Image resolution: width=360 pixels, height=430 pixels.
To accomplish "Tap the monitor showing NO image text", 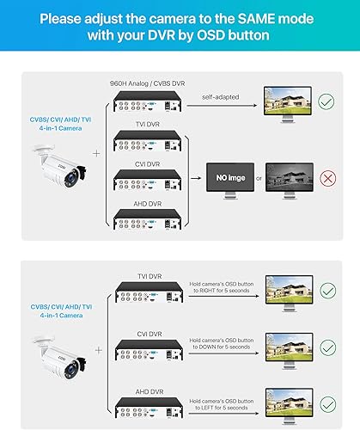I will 227,181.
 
